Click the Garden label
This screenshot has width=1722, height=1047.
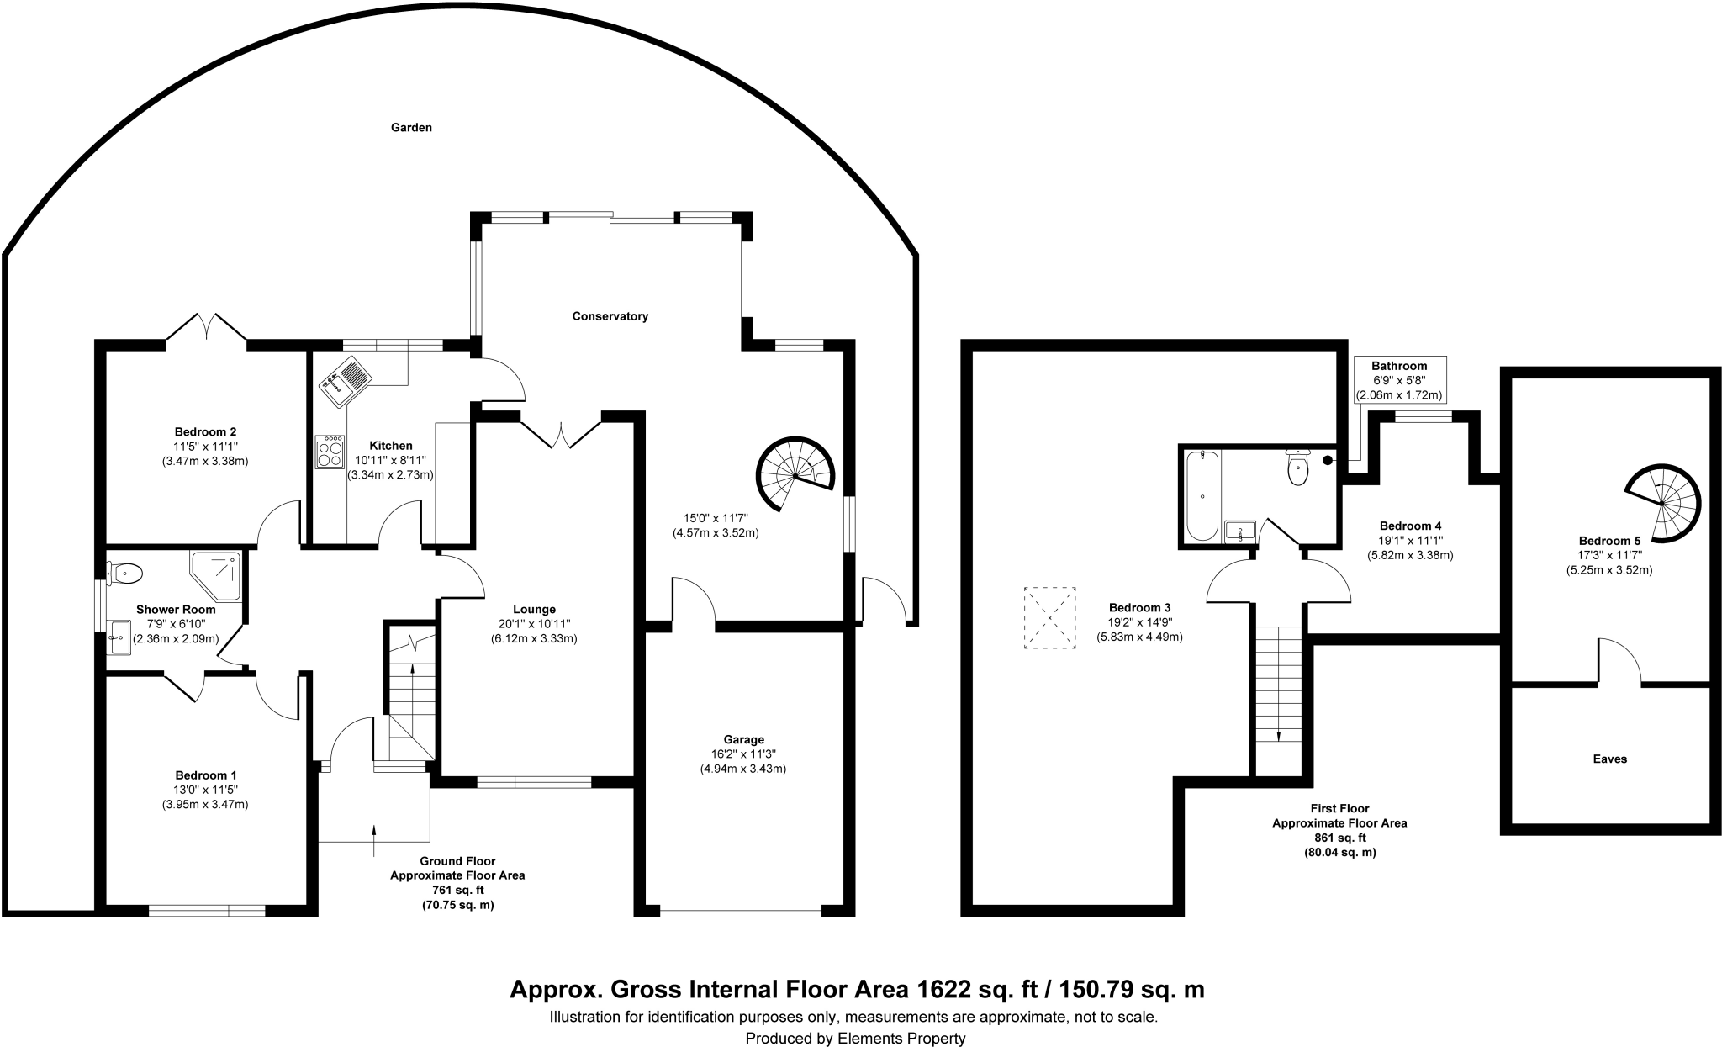coord(411,128)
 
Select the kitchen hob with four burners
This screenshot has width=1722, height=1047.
coord(330,452)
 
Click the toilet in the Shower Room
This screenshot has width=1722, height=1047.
coord(125,574)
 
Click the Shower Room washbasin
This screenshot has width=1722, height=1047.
coord(119,637)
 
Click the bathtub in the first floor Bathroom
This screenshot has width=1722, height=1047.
coord(1202,495)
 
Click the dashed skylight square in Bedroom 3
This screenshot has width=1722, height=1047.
coord(1049,618)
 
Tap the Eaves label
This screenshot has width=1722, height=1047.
coord(1609,759)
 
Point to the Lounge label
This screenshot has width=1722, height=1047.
coord(534,609)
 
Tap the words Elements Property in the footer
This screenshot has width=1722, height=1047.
coord(901,1039)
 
